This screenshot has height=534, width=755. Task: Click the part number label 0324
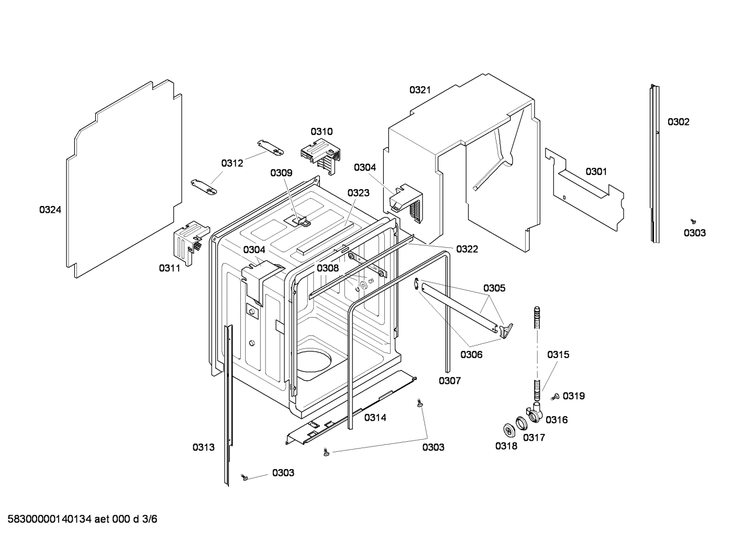tap(50, 210)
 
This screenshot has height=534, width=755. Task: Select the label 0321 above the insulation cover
tap(420, 90)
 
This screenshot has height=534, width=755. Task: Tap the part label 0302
tap(678, 122)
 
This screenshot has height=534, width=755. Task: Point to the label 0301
tap(596, 172)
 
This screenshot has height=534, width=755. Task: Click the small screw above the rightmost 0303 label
tap(693, 222)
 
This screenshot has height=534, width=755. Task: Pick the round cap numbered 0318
tap(508, 430)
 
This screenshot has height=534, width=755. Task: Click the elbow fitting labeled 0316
tap(535, 415)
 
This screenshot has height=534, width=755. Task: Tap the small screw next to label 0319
tap(556, 397)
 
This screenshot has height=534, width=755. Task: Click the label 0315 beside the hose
tap(558, 355)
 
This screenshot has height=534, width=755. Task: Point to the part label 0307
tap(450, 381)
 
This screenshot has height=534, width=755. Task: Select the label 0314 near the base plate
tap(375, 418)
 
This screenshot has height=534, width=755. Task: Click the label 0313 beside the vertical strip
tap(203, 447)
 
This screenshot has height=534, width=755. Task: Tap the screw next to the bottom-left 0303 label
tap(243, 476)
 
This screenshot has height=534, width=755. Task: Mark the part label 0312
tap(232, 164)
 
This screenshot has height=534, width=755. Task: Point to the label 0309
tap(281, 173)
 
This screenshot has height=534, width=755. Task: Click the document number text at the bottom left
tap(79, 519)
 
